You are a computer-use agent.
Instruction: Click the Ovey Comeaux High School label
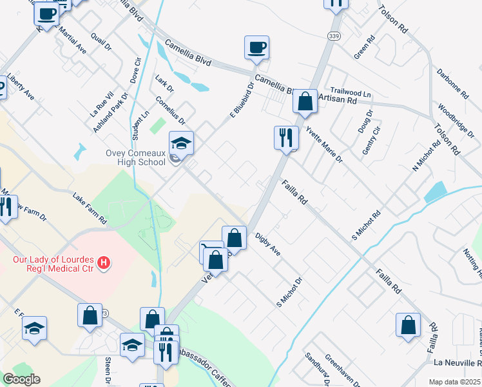(136, 157)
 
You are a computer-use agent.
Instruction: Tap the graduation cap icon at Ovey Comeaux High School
(182, 143)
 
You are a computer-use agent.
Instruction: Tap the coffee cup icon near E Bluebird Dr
(256, 47)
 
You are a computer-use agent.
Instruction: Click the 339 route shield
(334, 34)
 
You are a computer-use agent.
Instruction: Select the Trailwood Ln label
(351, 93)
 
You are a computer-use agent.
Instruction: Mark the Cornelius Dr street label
(170, 110)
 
